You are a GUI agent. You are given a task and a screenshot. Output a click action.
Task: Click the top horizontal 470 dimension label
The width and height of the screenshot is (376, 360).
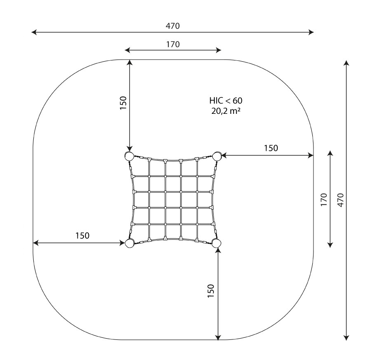(x=173, y=26)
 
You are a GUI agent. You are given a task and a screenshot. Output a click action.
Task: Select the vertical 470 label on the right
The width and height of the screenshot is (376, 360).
(x=341, y=200)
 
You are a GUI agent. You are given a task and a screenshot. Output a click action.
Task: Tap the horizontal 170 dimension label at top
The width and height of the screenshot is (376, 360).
(x=173, y=44)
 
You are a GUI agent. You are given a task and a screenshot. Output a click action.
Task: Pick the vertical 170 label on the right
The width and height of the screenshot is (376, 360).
(x=324, y=199)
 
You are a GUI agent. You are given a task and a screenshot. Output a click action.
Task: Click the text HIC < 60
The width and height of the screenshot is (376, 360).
(x=226, y=101)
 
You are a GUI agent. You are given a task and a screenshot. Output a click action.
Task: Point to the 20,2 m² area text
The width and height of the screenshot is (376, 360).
(x=226, y=111)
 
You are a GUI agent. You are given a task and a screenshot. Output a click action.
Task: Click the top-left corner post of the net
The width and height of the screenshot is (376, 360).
(x=129, y=156)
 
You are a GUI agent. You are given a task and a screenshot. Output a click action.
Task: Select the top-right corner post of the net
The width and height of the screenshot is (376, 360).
(x=217, y=156)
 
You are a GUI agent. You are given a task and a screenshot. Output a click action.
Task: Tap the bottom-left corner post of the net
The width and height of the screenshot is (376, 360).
(x=129, y=243)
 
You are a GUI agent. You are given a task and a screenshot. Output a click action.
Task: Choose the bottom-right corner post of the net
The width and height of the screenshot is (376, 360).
(x=216, y=243)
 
